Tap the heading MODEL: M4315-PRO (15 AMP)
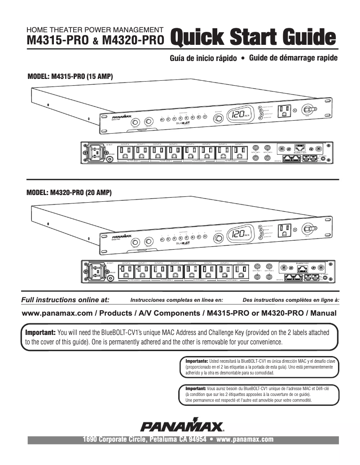[70, 77]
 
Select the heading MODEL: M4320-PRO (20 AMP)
[69, 192]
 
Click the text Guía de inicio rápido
[203, 59]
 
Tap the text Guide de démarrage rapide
[293, 58]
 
